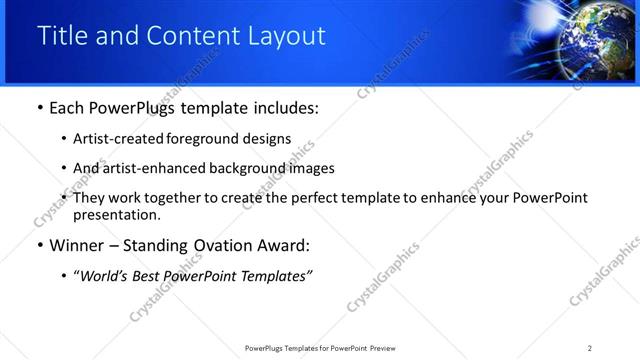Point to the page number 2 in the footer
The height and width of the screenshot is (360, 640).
590,348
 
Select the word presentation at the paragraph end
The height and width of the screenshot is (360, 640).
116,214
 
